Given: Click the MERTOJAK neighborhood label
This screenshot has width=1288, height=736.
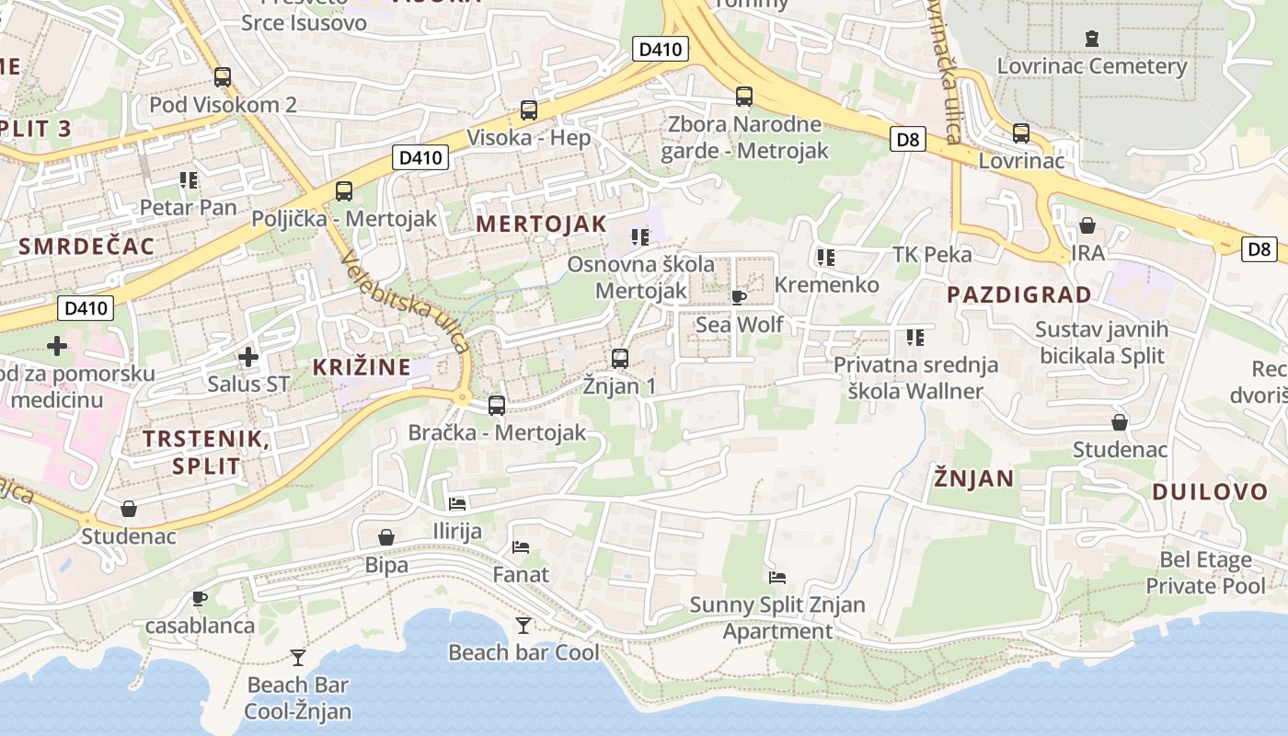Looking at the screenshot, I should (541, 224).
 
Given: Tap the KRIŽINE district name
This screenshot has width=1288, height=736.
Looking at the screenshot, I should (362, 367).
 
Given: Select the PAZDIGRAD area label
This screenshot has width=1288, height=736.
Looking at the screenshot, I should (1019, 295).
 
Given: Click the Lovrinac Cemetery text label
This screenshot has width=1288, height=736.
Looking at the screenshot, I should (1092, 66).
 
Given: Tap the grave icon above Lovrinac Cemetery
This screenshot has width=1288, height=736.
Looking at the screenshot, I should (1092, 39).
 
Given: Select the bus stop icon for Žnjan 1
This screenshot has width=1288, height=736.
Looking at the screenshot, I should (620, 359).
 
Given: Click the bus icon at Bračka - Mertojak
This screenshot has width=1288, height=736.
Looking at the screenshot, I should (497, 405).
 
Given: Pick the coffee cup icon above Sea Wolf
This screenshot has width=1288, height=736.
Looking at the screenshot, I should (738, 297).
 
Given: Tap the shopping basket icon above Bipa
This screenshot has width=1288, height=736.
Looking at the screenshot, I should (386, 537).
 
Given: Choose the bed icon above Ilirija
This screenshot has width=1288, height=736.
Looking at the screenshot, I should (457, 503).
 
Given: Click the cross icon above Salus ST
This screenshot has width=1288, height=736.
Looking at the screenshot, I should (247, 356).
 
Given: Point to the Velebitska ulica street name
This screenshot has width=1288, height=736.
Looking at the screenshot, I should (405, 302).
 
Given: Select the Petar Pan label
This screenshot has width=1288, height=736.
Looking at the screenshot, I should (188, 207).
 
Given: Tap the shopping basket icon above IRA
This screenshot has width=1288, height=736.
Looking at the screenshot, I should (1087, 225).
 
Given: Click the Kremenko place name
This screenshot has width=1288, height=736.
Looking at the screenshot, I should (826, 285).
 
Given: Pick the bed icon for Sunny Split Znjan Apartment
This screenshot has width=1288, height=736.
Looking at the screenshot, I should (777, 578).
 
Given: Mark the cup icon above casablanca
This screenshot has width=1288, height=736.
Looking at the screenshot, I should (200, 599).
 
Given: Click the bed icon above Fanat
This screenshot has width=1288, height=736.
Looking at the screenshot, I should (521, 547).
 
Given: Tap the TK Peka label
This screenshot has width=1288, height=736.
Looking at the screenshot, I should (932, 254).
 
